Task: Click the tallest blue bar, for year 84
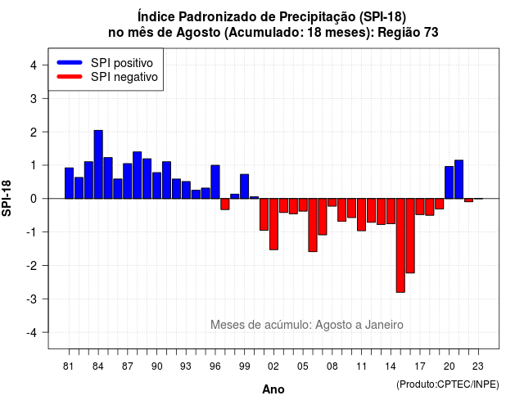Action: [x=98, y=164]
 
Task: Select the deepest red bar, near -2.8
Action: [x=400, y=245]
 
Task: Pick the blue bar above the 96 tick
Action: [x=215, y=182]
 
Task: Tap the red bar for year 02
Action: [x=273, y=224]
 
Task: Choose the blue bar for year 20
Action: [x=449, y=182]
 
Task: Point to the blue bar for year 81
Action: [x=69, y=183]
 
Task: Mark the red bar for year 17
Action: [x=420, y=207]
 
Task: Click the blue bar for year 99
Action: [x=244, y=187]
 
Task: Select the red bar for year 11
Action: [x=361, y=214]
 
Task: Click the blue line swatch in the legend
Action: [x=70, y=62]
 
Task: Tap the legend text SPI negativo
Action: [x=124, y=77]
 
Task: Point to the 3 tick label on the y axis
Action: [x=34, y=98]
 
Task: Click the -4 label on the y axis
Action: [x=32, y=333]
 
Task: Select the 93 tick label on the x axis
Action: [x=186, y=366]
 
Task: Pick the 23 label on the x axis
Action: [x=478, y=366]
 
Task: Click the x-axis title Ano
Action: [x=273, y=389]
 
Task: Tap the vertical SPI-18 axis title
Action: [x=7, y=198]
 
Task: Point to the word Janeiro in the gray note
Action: [x=384, y=325]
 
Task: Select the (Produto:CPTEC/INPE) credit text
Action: [x=448, y=384]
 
